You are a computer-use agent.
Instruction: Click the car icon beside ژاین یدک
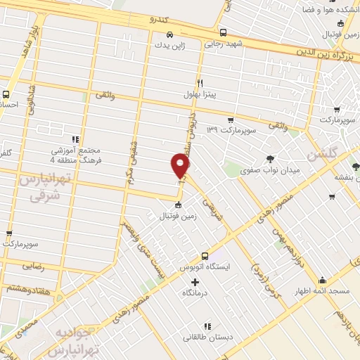[x=169, y=33]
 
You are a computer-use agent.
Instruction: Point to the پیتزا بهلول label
[x=200, y=94]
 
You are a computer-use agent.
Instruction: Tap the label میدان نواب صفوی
[x=270, y=169]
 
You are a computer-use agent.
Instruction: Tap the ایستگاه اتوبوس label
[x=205, y=268]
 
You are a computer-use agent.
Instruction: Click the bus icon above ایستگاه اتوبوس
[x=205, y=257]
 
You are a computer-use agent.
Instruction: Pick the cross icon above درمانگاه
[x=195, y=282]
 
